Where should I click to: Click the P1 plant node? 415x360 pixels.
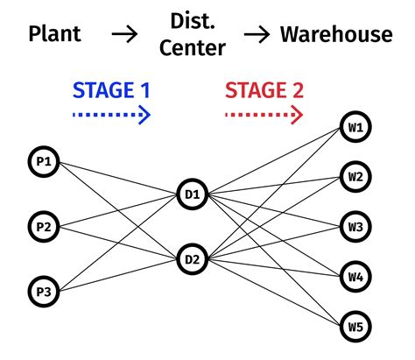pyautogui.click(x=43, y=162)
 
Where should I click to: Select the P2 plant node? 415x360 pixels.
pyautogui.click(x=43, y=226)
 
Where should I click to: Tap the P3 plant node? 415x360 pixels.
pyautogui.click(x=43, y=290)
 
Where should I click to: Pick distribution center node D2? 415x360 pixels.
pyautogui.click(x=192, y=258)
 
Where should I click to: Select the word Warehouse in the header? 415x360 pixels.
pyautogui.click(x=335, y=35)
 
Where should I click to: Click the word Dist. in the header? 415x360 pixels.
pyautogui.click(x=190, y=19)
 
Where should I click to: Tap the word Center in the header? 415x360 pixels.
pyautogui.click(x=190, y=49)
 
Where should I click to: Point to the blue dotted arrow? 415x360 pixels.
pyautogui.click(x=110, y=114)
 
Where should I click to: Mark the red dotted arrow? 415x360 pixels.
pyautogui.click(x=263, y=114)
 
